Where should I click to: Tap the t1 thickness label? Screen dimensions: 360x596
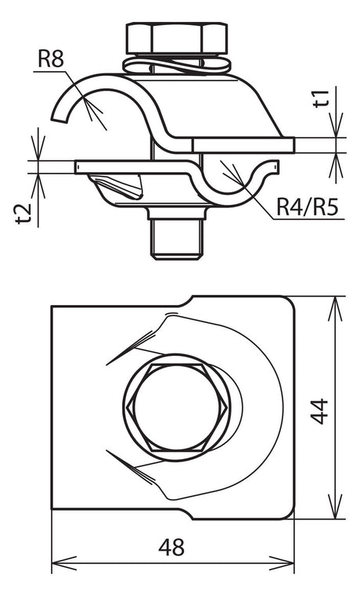[322, 99]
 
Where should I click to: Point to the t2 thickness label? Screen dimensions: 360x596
[24, 214]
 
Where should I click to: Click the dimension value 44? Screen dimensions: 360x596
[319, 411]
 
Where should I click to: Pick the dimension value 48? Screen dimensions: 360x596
[171, 548]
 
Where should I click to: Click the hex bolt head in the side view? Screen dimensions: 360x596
[177, 38]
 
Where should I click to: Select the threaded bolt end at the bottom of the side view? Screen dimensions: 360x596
[175, 239]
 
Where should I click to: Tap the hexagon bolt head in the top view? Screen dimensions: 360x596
[177, 408]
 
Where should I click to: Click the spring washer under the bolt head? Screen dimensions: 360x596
[177, 65]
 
